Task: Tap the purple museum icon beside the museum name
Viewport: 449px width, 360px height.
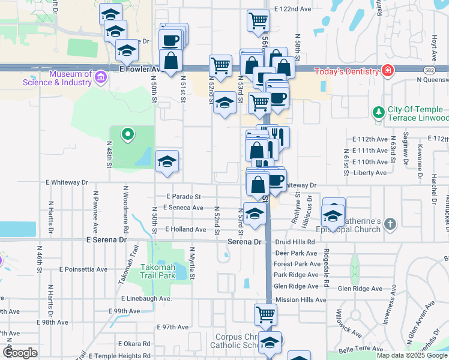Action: pyautogui.click(x=100, y=76)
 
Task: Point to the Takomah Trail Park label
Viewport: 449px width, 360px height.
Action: pyautogui.click(x=158, y=271)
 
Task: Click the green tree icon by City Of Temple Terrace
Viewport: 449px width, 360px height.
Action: pyautogui.click(x=378, y=112)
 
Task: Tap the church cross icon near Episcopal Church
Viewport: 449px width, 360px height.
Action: pyautogui.click(x=390, y=224)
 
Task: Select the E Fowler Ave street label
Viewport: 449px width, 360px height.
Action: pyautogui.click(x=140, y=69)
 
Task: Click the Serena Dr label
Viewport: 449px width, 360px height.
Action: pyautogui.click(x=245, y=242)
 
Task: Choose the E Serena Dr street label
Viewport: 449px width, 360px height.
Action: pyautogui.click(x=107, y=239)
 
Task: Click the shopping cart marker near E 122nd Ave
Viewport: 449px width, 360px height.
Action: pyautogui.click(x=258, y=21)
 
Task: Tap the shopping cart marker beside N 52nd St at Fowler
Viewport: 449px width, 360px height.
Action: pyautogui.click(x=221, y=65)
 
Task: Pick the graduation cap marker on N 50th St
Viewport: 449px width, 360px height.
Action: pyautogui.click(x=167, y=161)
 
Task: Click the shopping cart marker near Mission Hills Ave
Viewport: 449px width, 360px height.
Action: pyautogui.click(x=265, y=314)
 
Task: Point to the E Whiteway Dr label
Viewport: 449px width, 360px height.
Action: pyautogui.click(x=67, y=182)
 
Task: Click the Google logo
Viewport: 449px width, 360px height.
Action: pyautogui.click(x=20, y=353)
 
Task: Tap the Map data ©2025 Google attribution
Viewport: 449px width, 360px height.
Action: pyautogui.click(x=412, y=355)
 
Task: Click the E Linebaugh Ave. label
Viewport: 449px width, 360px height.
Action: pyautogui.click(x=147, y=298)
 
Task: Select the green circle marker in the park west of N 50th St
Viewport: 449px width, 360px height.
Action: pyautogui.click(x=127, y=134)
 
